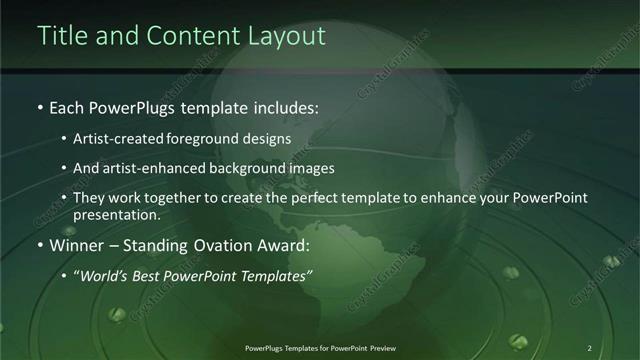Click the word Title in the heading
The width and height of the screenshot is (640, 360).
point(61,36)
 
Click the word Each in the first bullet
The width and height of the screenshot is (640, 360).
point(67,107)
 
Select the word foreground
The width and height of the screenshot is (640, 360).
point(217,139)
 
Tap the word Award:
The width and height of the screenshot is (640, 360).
point(286,245)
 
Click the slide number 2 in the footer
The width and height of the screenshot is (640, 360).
point(589,348)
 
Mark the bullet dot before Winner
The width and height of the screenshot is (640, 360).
point(40,245)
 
